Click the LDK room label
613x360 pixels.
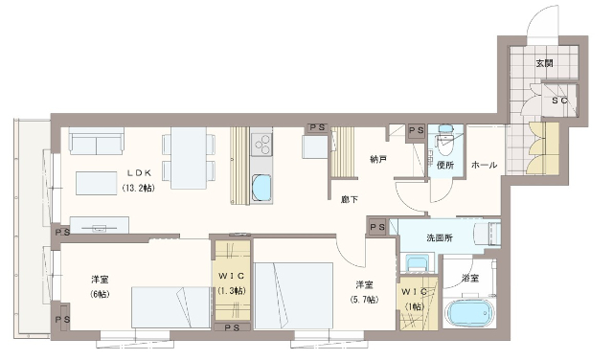pyautogui.click(x=139, y=172)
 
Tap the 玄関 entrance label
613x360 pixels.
pyautogui.click(x=544, y=63)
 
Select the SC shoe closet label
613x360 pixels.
pyautogui.click(x=559, y=101)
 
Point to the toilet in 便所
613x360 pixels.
pyautogui.click(x=444, y=141)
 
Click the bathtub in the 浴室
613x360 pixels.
pyautogui.click(x=469, y=312)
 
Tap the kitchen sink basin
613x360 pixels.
pyautogui.click(x=261, y=188)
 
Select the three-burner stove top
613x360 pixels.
pyautogui.click(x=261, y=145)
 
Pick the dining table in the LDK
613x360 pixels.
pyautogui.click(x=189, y=158)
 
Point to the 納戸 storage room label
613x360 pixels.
pyautogui.click(x=378, y=159)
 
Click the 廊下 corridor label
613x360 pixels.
pyautogui.click(x=349, y=200)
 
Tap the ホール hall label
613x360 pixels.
pyautogui.click(x=484, y=165)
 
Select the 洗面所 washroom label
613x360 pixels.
pyautogui.click(x=440, y=237)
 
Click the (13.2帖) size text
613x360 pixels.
pyautogui.click(x=138, y=188)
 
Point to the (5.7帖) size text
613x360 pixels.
pyautogui.click(x=364, y=300)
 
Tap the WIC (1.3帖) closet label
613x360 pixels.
pyautogui.click(x=232, y=283)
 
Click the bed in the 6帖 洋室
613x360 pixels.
pyautogui.click(x=170, y=307)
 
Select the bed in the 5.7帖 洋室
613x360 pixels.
pyautogui.click(x=294, y=296)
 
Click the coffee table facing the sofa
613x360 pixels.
pyautogui.click(x=97, y=183)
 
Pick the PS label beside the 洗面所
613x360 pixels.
pyautogui.click(x=377, y=227)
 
